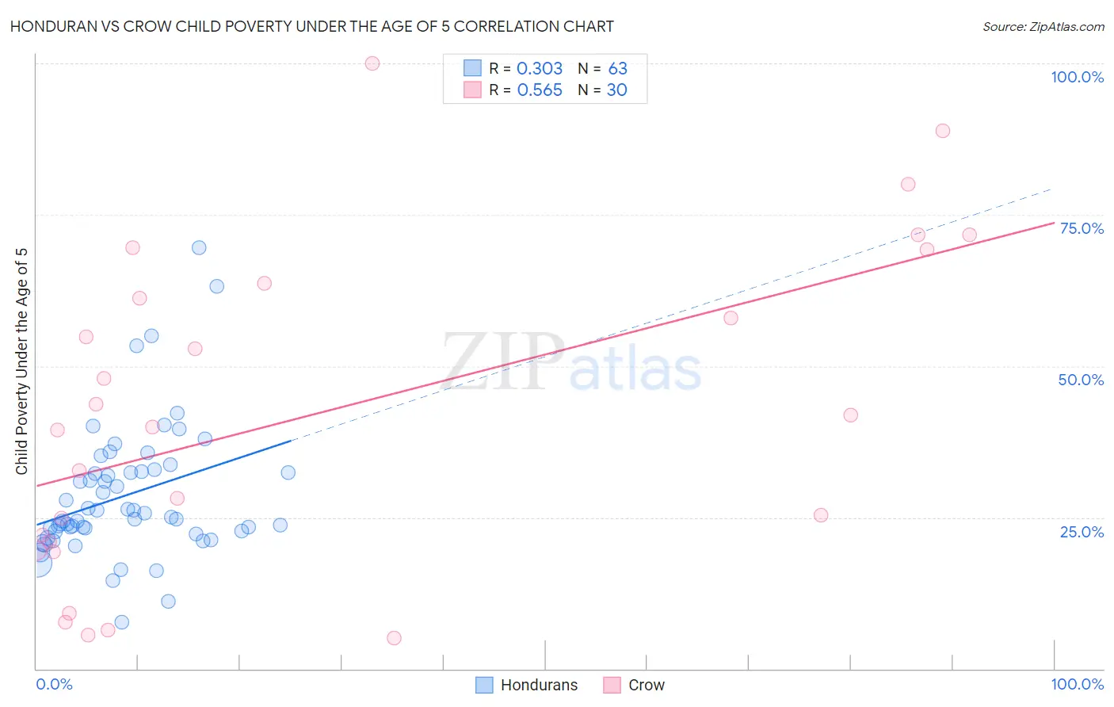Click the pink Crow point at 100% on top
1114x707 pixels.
point(372,63)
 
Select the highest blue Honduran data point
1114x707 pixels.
point(199,248)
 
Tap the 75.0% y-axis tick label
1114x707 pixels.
point(1082,228)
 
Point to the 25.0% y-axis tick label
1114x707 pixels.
point(1082,532)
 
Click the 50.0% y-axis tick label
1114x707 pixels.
point(1081,380)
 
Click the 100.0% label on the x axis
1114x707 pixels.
point(1077,684)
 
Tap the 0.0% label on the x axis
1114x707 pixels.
point(54,684)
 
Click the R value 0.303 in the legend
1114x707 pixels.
point(540,69)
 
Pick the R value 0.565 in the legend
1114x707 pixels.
point(540,90)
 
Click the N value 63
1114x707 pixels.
point(617,69)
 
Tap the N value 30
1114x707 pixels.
point(616,90)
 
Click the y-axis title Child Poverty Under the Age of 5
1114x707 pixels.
point(22,361)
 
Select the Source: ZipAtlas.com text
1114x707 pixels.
point(1043,27)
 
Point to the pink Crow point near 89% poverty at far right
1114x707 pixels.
point(942,131)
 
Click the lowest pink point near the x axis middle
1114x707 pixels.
point(394,638)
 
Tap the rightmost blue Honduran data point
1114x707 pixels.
point(288,472)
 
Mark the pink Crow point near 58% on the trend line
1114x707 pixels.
point(731,318)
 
